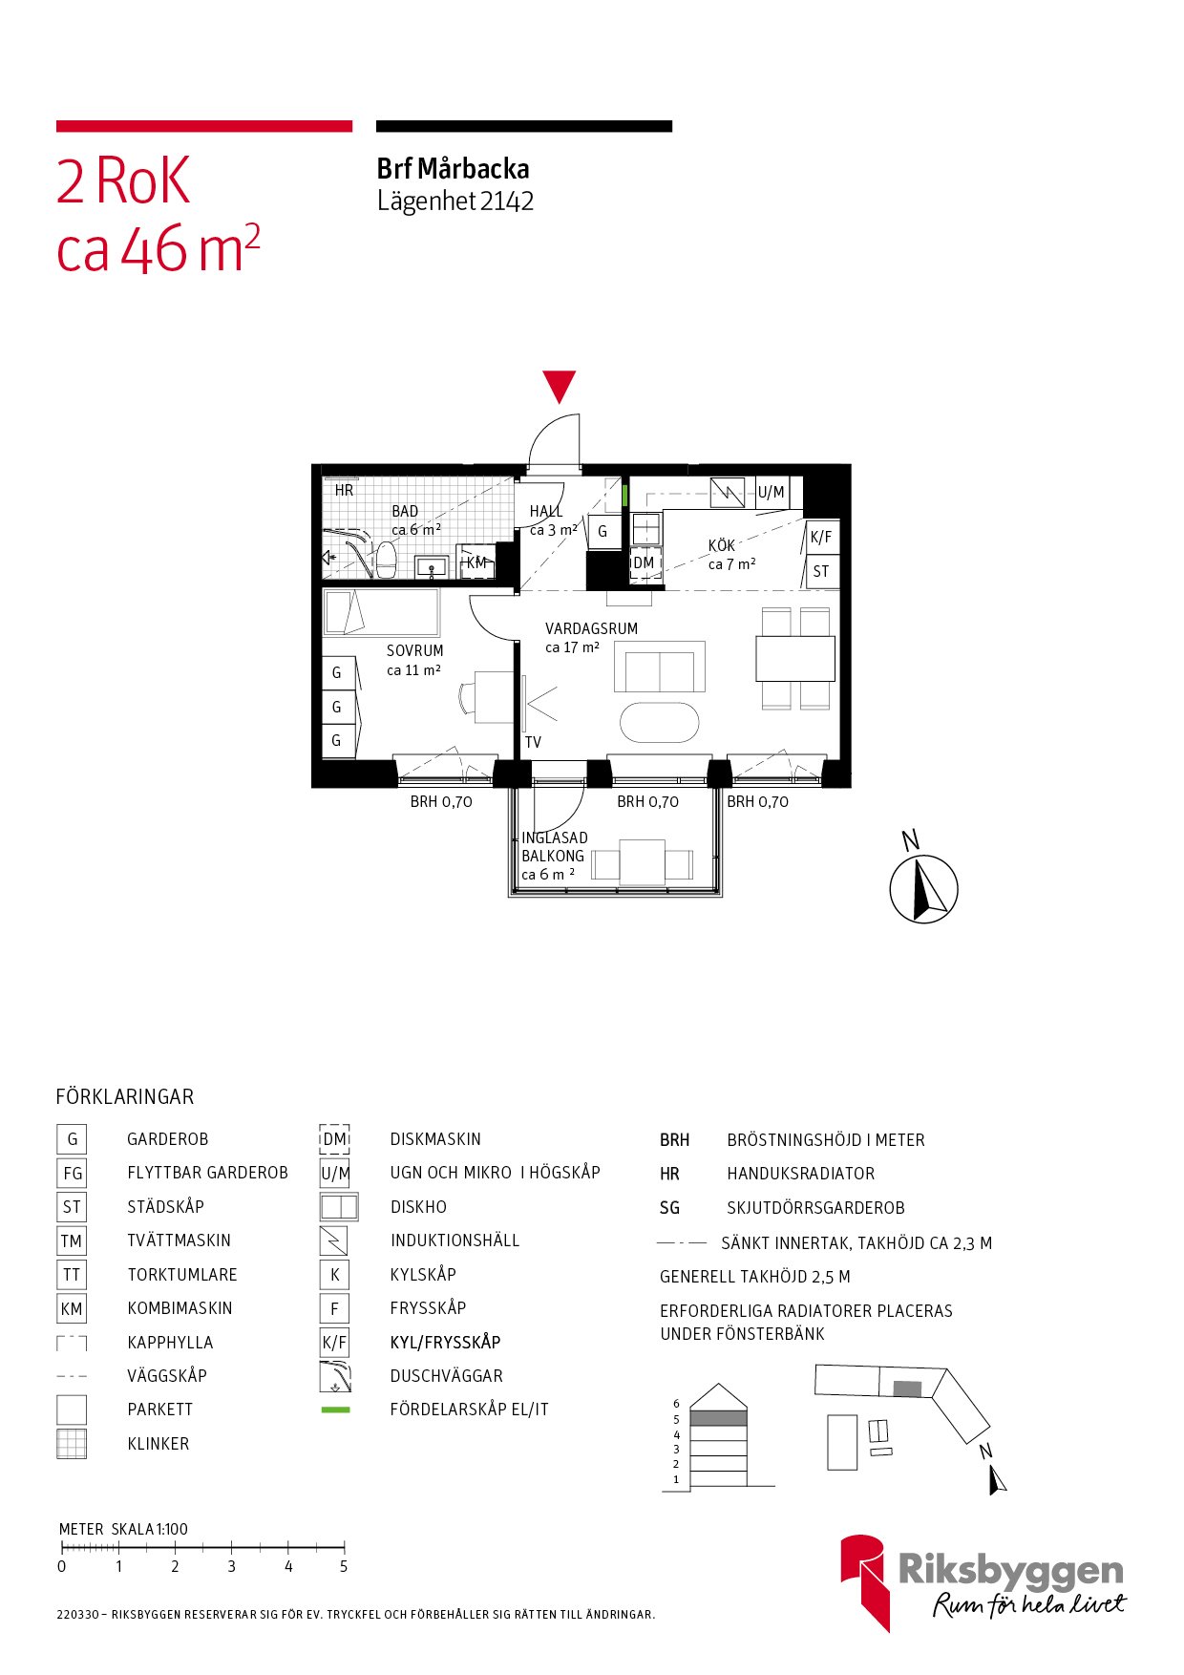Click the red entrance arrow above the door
click(560, 387)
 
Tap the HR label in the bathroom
click(344, 490)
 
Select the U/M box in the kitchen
click(772, 492)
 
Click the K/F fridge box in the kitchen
click(821, 537)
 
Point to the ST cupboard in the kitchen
click(821, 572)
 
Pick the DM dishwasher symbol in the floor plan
click(645, 563)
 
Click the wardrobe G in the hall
click(603, 532)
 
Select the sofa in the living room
click(660, 667)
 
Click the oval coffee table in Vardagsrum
click(660, 722)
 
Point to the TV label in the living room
click(533, 742)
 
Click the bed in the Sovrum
click(381, 612)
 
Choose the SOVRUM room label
click(415, 651)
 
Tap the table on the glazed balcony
click(643, 862)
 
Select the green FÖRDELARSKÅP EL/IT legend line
click(335, 1410)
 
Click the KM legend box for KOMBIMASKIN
click(72, 1308)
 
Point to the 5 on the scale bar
click(344, 1566)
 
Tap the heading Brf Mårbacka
click(454, 169)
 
